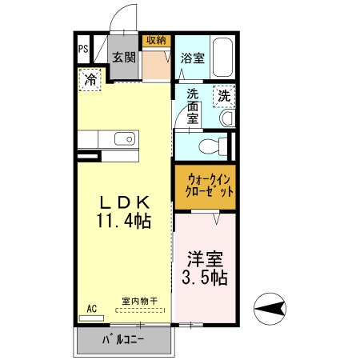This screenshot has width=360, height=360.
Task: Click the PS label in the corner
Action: [x=83, y=49]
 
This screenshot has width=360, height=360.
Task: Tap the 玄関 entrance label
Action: [x=124, y=57]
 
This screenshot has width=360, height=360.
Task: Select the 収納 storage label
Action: [x=155, y=40]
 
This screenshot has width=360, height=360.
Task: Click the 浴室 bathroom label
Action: [x=193, y=58]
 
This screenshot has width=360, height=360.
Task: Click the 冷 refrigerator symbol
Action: [x=91, y=80]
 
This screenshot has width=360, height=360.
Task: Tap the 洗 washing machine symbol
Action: [x=224, y=95]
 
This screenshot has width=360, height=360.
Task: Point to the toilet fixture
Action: [x=210, y=146]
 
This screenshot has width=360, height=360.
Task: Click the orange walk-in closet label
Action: [x=205, y=186]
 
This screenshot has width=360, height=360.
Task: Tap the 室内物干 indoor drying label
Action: [x=140, y=302]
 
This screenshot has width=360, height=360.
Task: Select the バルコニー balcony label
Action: [x=123, y=340]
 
